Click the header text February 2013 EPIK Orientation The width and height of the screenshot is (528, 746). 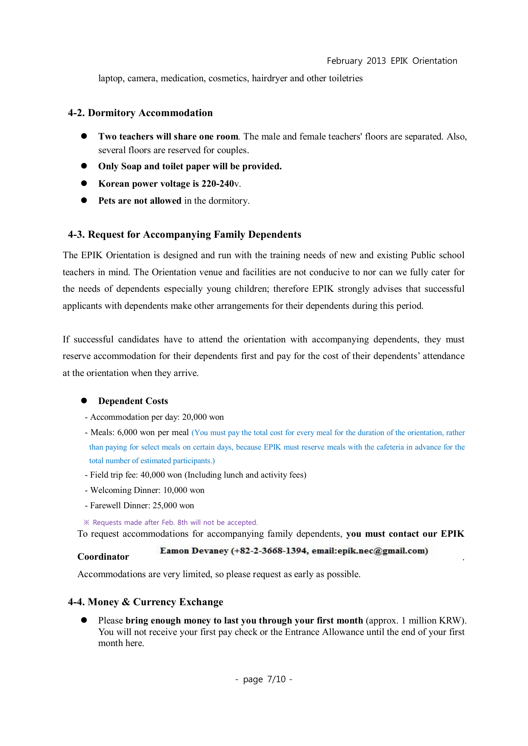(392, 61)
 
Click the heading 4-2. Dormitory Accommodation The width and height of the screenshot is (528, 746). (140, 113)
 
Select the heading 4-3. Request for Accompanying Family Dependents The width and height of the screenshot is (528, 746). (184, 234)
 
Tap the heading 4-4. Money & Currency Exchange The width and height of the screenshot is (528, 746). (146, 602)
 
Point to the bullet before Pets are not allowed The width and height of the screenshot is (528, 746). (84, 200)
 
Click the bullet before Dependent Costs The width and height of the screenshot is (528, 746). (84, 401)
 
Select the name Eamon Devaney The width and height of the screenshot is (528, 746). (194, 551)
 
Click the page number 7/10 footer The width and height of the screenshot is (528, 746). (276, 679)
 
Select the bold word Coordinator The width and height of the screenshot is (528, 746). (103, 557)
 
